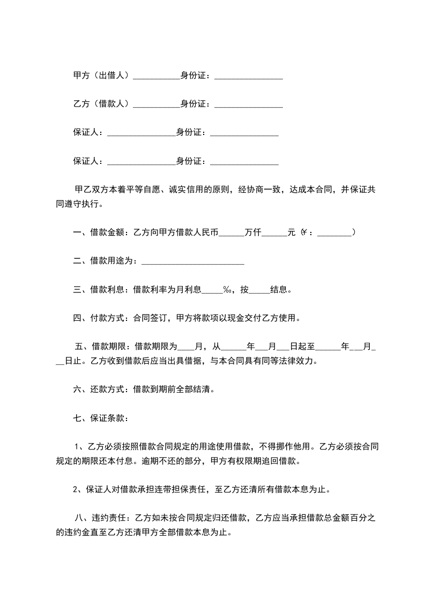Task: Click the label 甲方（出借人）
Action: (x=102, y=76)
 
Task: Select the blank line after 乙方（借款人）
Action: (x=156, y=104)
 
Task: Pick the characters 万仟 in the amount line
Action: (x=252, y=232)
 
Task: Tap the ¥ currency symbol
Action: (x=304, y=232)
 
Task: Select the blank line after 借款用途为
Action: (x=193, y=261)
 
